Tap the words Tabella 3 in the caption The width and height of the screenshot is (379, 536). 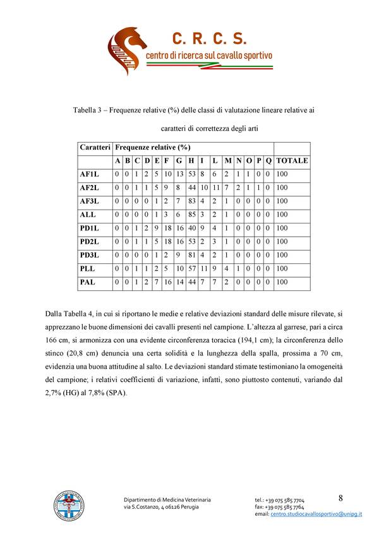(88, 111)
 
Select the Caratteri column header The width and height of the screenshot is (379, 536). (95, 147)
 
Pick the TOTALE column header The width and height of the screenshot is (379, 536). (292, 160)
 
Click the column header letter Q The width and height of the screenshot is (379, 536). (268, 160)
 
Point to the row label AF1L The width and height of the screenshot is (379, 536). (90, 174)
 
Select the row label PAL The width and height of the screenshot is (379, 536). (87, 282)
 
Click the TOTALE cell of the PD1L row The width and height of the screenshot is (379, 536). (282, 228)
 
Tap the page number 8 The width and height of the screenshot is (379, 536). (340, 498)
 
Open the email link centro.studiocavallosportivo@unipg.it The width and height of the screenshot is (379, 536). (316, 515)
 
